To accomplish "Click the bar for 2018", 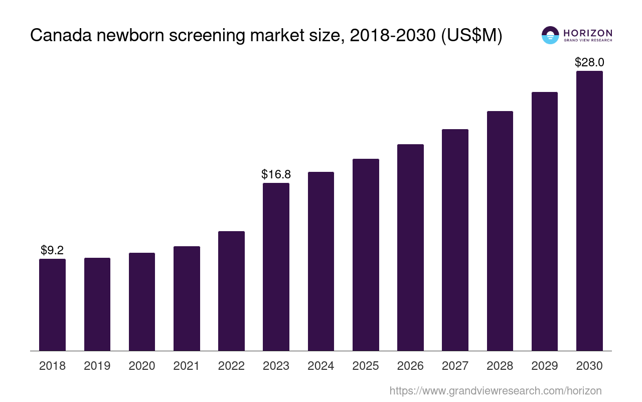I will coord(52,305).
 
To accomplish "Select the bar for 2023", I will coord(276,266).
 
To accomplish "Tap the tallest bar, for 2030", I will coord(589,211).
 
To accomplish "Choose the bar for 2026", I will coord(410,247).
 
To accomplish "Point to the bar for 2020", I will coord(142,301).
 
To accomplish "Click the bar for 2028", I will coord(500,231).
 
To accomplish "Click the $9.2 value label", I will coord(52,250).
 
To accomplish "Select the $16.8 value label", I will coord(276,174).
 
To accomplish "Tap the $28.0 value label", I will coord(589,62).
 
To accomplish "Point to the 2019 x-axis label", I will coord(97,366).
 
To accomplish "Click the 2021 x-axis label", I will coord(187,366).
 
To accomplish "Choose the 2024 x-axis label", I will coord(321,366).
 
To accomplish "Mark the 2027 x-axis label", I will coord(455,366).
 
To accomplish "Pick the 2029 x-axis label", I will coord(545,366).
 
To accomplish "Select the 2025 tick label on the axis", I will coord(366,366).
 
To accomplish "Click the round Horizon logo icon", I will coord(550,35).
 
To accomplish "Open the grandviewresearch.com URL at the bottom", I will coord(495,390).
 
